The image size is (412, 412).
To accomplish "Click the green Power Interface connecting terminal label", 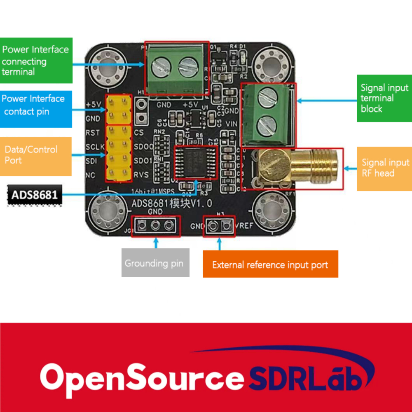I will pyautogui.click(x=36, y=61).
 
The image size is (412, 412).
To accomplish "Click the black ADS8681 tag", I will pyautogui.click(x=35, y=194).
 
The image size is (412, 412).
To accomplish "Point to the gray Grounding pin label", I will pyautogui.click(x=155, y=263).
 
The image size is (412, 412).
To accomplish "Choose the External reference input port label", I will pyautogui.click(x=270, y=264).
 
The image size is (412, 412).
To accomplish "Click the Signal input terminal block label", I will pyautogui.click(x=384, y=98).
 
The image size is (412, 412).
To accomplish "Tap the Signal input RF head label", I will pyautogui.click(x=384, y=168).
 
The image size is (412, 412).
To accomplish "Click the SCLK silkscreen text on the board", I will pyautogui.click(x=95, y=147).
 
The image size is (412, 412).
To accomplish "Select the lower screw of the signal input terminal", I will pyautogui.click(x=266, y=125).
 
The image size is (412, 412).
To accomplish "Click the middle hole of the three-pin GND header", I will pyautogui.click(x=155, y=225).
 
